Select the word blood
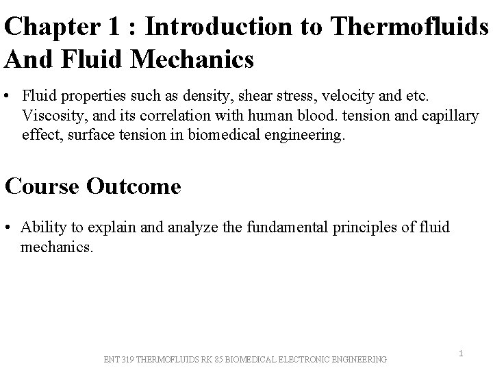pyautogui.click(x=288, y=115)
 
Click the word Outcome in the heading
pyautogui.click(x=134, y=186)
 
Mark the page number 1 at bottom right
pyautogui.click(x=462, y=354)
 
